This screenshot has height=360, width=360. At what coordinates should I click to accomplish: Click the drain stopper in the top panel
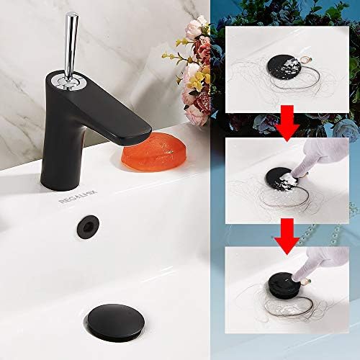[x=285, y=69]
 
